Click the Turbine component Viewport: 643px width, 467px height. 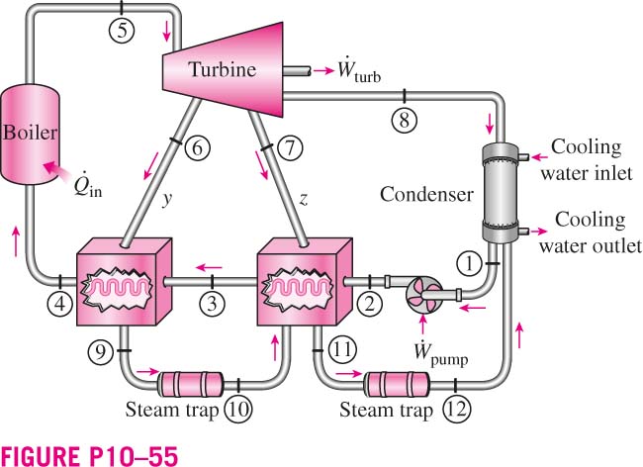coord(224,69)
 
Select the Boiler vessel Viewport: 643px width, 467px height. coord(30,134)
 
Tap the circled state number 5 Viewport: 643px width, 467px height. coord(122,30)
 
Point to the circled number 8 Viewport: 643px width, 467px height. coord(405,120)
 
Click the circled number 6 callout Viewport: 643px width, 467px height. coord(197,147)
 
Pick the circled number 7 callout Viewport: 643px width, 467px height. coord(290,147)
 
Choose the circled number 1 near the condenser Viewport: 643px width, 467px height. coord(470,263)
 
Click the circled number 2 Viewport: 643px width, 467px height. coord(370,304)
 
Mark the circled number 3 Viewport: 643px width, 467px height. coord(212,304)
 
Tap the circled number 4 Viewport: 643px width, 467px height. coord(60,304)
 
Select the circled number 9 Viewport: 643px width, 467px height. coord(101,351)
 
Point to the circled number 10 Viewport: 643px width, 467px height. coord(238,409)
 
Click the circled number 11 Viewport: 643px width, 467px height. coord(343,349)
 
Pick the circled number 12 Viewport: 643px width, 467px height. coord(457,409)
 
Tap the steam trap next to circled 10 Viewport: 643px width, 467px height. coord(190,384)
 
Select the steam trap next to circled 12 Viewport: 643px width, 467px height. coord(397,384)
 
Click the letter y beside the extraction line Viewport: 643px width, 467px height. coord(166,199)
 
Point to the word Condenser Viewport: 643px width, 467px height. coord(426,194)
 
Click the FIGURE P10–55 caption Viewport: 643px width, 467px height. coord(89,455)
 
